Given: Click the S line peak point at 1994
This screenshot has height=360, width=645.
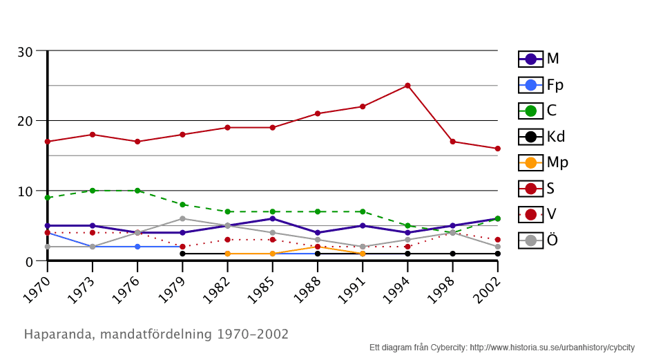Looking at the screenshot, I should pos(407,86).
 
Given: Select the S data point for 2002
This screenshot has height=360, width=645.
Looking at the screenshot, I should pos(497,149).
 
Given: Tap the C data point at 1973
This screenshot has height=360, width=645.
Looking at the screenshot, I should pos(93,191).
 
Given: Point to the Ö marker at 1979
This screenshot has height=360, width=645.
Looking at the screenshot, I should pos(182,218).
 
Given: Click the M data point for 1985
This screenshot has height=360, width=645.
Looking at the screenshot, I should pos(273,218).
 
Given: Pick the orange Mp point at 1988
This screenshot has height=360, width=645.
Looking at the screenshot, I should pos(318,247).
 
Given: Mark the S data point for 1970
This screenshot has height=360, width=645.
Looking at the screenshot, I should pos(48,142).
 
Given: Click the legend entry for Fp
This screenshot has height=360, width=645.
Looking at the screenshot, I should pos(541,85).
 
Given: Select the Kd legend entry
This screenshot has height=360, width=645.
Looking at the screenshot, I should pos(541,137).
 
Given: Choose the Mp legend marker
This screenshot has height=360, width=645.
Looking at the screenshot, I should pos(530,163).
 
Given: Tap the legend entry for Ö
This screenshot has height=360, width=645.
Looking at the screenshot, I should pos(541,240).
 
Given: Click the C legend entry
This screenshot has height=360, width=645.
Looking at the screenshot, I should pos(541,111).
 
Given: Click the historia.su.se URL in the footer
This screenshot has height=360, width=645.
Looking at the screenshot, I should pos(552,348).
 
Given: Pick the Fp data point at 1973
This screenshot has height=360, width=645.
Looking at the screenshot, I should pos(93,247).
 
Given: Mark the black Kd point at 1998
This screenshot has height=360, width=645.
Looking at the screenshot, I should pos(452,254).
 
